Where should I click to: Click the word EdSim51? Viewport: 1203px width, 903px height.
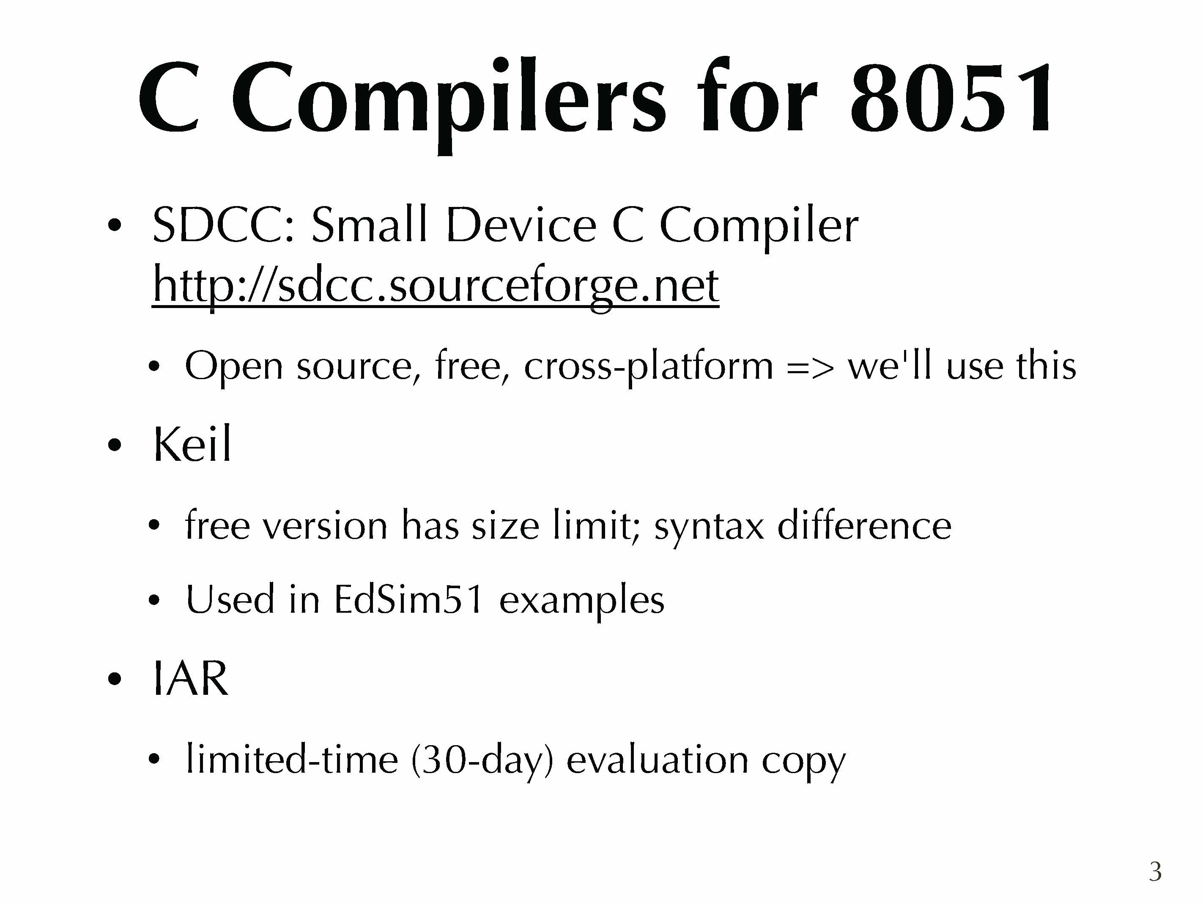tap(408, 599)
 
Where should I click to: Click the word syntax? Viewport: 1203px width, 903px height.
tap(709, 526)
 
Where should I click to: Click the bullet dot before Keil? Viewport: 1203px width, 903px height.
tap(114, 445)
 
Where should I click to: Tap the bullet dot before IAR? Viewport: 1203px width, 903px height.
tap(114, 679)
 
